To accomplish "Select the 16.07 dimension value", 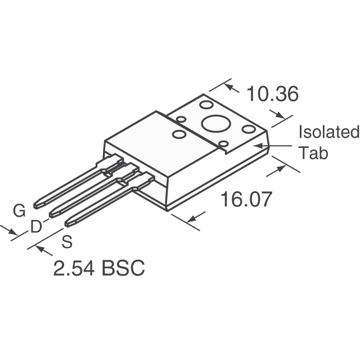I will point(246,199).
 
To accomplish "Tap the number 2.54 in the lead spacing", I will point(74,268).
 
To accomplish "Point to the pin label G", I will point(19,211).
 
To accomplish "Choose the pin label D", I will point(35,227).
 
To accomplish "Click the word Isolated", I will point(328,132).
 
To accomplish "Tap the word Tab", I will point(313,153).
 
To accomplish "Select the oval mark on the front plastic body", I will point(179,134).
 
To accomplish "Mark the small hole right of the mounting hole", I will point(248,129).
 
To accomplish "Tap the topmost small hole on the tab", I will point(206,105).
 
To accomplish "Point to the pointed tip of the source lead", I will point(67,224).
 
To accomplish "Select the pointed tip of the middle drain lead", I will point(52,214).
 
